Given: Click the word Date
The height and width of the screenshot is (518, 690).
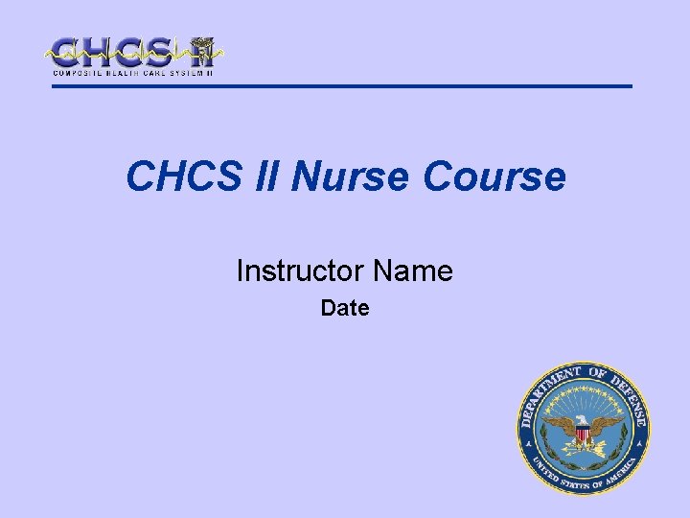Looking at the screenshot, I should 345,309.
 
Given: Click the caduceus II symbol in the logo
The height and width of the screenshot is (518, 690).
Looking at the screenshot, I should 201,52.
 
